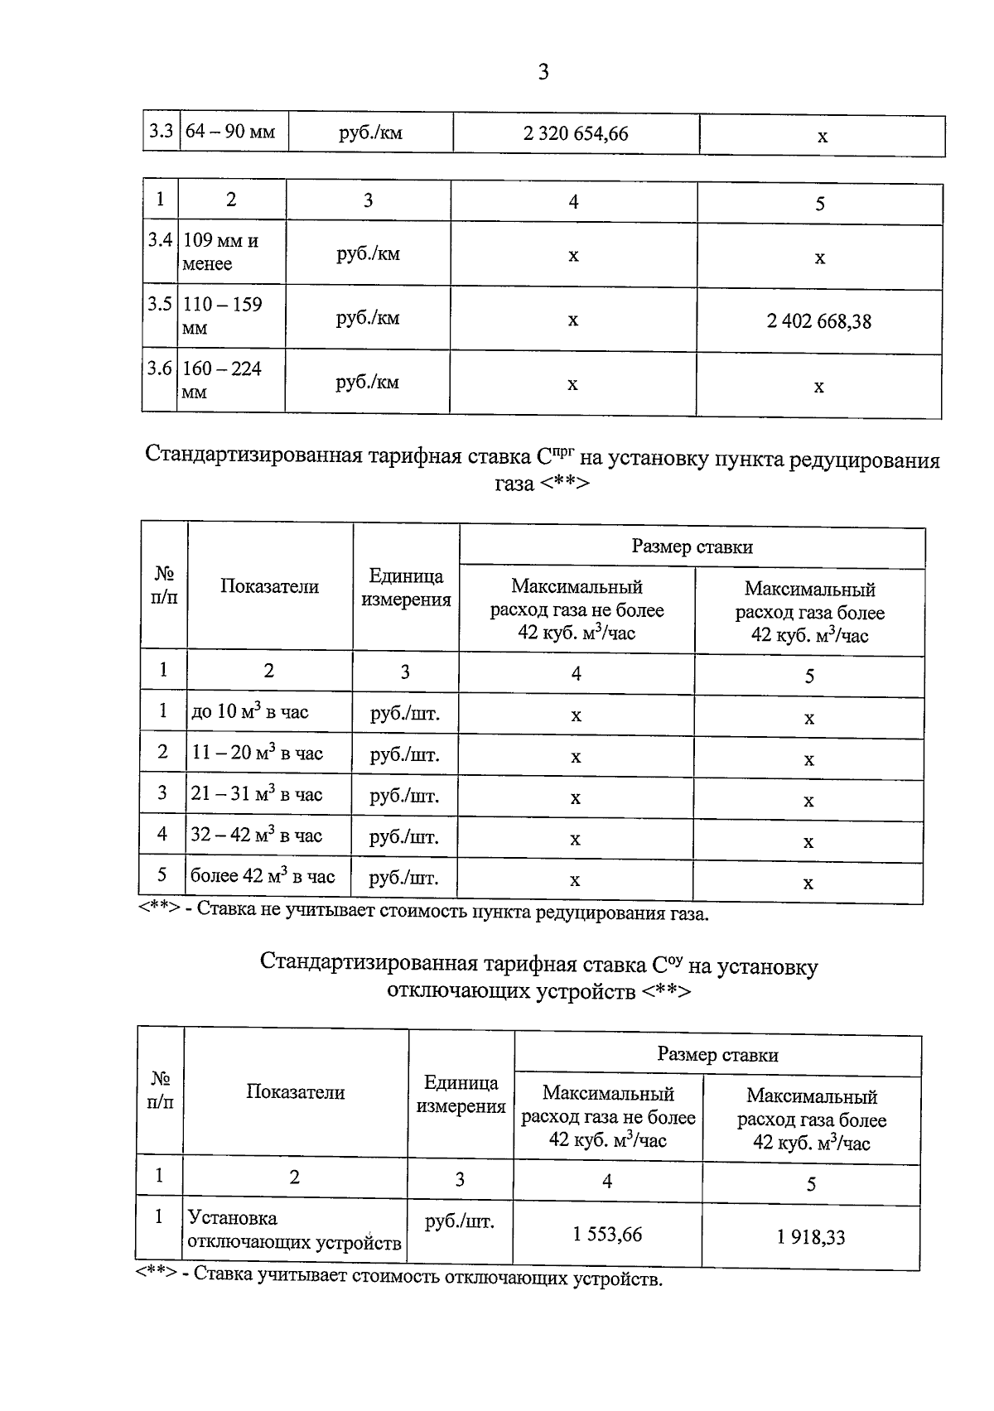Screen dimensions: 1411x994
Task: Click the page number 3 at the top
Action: click(543, 73)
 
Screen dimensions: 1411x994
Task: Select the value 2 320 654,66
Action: click(576, 133)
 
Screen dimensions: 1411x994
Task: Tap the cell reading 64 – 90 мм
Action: click(230, 132)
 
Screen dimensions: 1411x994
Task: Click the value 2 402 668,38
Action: click(818, 321)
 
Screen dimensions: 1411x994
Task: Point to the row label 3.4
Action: click(160, 240)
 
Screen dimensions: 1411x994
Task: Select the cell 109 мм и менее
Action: click(220, 252)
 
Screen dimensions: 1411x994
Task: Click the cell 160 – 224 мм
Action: click(221, 379)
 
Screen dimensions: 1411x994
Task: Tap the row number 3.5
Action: click(160, 304)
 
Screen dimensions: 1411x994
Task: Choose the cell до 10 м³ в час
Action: click(249, 712)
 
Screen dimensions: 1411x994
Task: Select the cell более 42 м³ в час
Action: click(263, 876)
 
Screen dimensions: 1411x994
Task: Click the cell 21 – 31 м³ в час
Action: click(256, 794)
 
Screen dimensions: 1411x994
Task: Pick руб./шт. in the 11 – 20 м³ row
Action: click(404, 755)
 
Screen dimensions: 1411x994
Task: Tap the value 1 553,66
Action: click(607, 1235)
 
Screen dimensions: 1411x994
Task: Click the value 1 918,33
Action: click(811, 1237)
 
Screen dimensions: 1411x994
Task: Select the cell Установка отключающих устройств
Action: click(294, 1230)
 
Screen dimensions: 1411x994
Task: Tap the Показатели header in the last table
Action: click(295, 1092)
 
